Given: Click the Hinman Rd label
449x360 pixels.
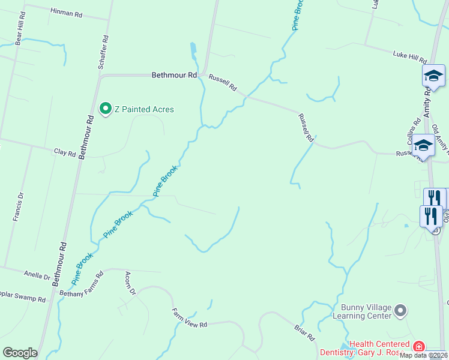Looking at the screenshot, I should tap(66, 12).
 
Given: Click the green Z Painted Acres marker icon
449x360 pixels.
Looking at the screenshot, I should tap(106, 109).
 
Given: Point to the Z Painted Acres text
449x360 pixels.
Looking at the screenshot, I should tap(144, 109).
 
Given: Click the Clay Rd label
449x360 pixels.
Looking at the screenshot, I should tap(65, 153).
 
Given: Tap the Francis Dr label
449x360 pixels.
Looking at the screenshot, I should tap(17, 208).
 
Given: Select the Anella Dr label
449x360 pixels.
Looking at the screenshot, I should tap(37, 276).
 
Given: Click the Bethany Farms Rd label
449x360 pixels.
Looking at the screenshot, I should tap(82, 284).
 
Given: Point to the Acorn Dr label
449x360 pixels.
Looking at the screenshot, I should tap(129, 283).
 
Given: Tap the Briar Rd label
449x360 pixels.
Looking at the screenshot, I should tap(305, 333).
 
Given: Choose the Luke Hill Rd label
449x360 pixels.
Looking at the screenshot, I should tap(409, 56).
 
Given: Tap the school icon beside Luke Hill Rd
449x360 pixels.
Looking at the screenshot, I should tap(433, 76).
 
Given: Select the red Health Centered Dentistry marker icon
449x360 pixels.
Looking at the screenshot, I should tap(418, 347).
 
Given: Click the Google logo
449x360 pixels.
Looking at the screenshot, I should tap(20, 352).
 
